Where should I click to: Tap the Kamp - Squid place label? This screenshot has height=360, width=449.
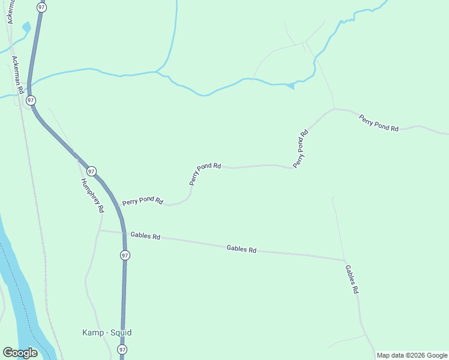pos(106,332)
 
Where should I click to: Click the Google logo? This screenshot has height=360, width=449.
pos(20,353)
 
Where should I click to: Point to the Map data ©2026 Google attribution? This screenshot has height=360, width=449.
pos(412,355)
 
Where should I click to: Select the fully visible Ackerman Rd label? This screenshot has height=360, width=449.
pos(17,74)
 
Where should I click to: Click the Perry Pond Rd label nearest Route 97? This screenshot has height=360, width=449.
pos(142,201)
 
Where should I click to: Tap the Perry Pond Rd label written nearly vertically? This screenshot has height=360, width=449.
pos(300,149)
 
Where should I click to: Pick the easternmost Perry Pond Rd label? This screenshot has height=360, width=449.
pos(379,123)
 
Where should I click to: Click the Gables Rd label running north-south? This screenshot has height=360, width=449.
pos(352,279)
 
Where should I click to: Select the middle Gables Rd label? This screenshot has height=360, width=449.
pos(241,248)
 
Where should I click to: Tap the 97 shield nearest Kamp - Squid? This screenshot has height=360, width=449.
pos(122,349)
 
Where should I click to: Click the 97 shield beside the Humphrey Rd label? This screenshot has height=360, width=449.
pos(91,171)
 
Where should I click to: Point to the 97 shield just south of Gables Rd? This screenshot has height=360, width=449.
pos(124,255)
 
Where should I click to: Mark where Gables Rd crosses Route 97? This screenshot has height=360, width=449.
pos(124,233)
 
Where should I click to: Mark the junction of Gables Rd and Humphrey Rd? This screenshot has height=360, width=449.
pos(100,230)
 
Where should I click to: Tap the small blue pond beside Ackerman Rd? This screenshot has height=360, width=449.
pos(26,28)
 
